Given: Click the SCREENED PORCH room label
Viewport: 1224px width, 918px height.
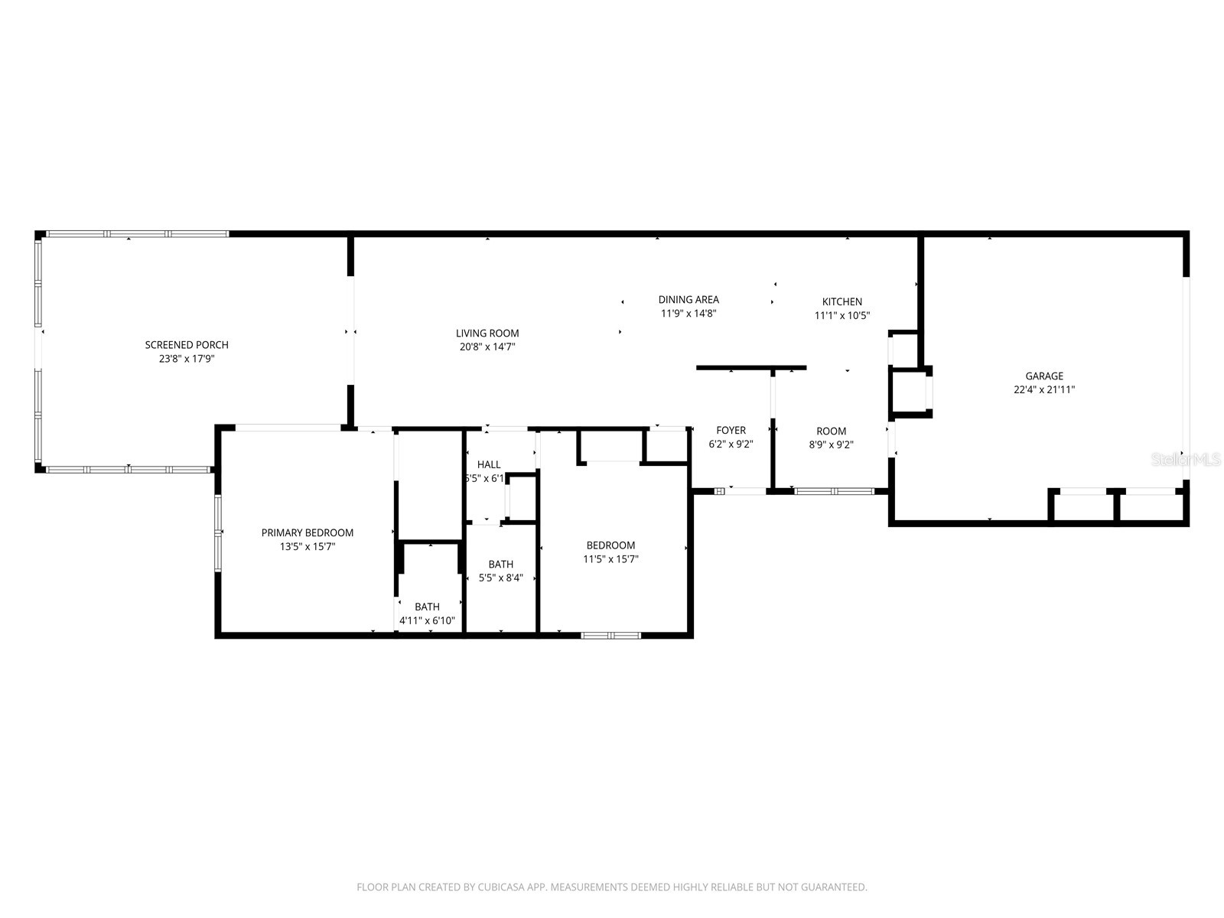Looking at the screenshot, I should click(x=187, y=345).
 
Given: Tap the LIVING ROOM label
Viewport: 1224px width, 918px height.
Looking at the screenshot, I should click(x=487, y=334).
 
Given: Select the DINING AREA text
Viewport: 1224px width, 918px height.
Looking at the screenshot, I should click(x=688, y=300).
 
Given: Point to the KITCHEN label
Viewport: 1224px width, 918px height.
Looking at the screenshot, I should click(x=842, y=302).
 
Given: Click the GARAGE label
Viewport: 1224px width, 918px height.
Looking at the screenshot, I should click(x=1044, y=376).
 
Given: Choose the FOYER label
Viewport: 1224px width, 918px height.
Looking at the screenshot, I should click(x=731, y=431).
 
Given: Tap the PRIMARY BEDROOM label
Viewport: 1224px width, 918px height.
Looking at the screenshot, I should click(x=308, y=533).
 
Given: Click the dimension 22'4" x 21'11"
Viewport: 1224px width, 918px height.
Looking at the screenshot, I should click(x=1044, y=389).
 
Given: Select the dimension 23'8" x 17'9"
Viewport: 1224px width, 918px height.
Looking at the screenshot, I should click(x=187, y=358).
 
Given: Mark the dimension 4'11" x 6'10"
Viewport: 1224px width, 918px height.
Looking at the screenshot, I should click(x=427, y=620).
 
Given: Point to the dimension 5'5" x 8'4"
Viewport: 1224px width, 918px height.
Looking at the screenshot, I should click(x=501, y=578).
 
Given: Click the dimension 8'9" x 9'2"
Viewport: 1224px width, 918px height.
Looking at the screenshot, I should click(x=831, y=444).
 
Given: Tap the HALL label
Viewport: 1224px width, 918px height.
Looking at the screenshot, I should click(x=489, y=464).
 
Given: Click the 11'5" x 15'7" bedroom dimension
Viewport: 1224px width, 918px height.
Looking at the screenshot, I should click(x=610, y=559).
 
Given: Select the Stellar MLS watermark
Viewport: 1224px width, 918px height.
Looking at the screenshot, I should click(x=1187, y=460).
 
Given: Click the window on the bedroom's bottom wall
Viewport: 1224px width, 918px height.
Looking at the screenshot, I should click(x=610, y=635).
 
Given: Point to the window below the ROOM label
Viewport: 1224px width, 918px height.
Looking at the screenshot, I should click(x=834, y=491).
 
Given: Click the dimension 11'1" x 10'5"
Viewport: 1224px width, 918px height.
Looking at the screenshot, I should click(x=842, y=315).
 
